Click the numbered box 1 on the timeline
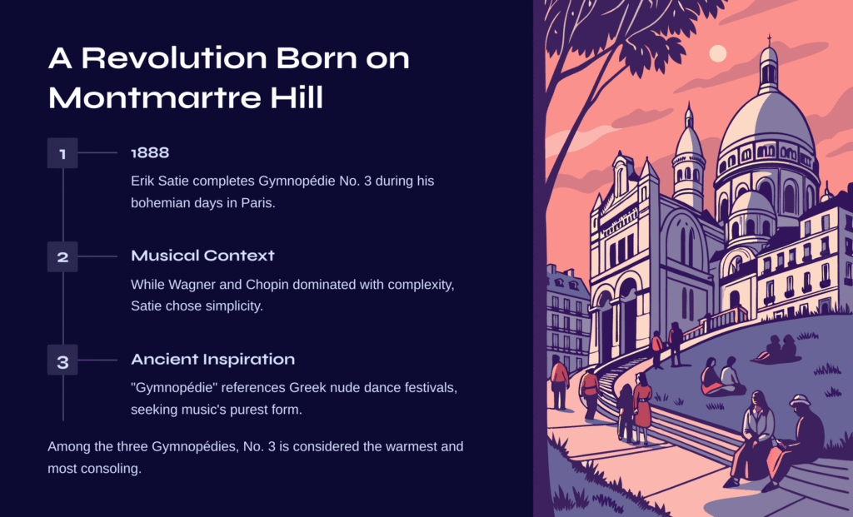(x=62, y=153)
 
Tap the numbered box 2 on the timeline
(x=62, y=256)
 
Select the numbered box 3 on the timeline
(x=62, y=360)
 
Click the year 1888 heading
(x=150, y=152)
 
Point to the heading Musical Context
(x=203, y=256)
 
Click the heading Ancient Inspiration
(x=212, y=359)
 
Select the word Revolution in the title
(x=174, y=57)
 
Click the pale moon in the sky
(x=718, y=54)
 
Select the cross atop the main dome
(x=769, y=41)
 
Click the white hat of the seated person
(x=800, y=400)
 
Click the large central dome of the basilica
(x=767, y=122)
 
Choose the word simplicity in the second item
(x=235, y=306)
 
